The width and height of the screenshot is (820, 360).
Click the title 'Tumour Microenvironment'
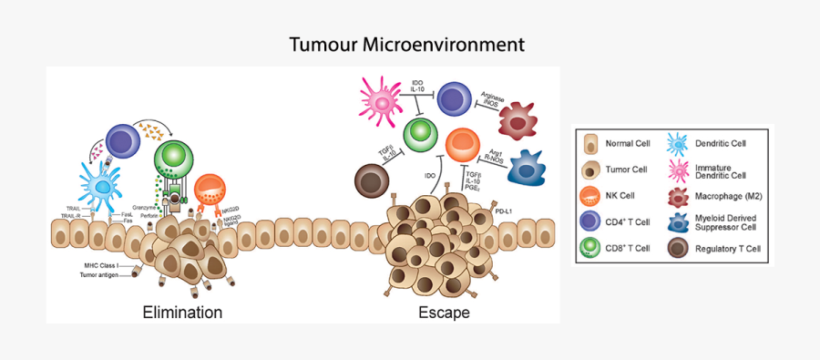tap(407, 44)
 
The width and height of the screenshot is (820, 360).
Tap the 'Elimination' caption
tap(182, 313)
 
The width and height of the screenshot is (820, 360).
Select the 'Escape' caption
tap(444, 313)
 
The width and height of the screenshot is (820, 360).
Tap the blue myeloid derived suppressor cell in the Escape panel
tap(532, 168)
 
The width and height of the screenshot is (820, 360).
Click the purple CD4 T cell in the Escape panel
tap(455, 99)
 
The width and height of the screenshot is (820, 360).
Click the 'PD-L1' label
tap(504, 211)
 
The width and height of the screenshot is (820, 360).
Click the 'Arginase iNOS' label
tap(493, 99)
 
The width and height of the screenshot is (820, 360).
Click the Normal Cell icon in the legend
tap(591, 144)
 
